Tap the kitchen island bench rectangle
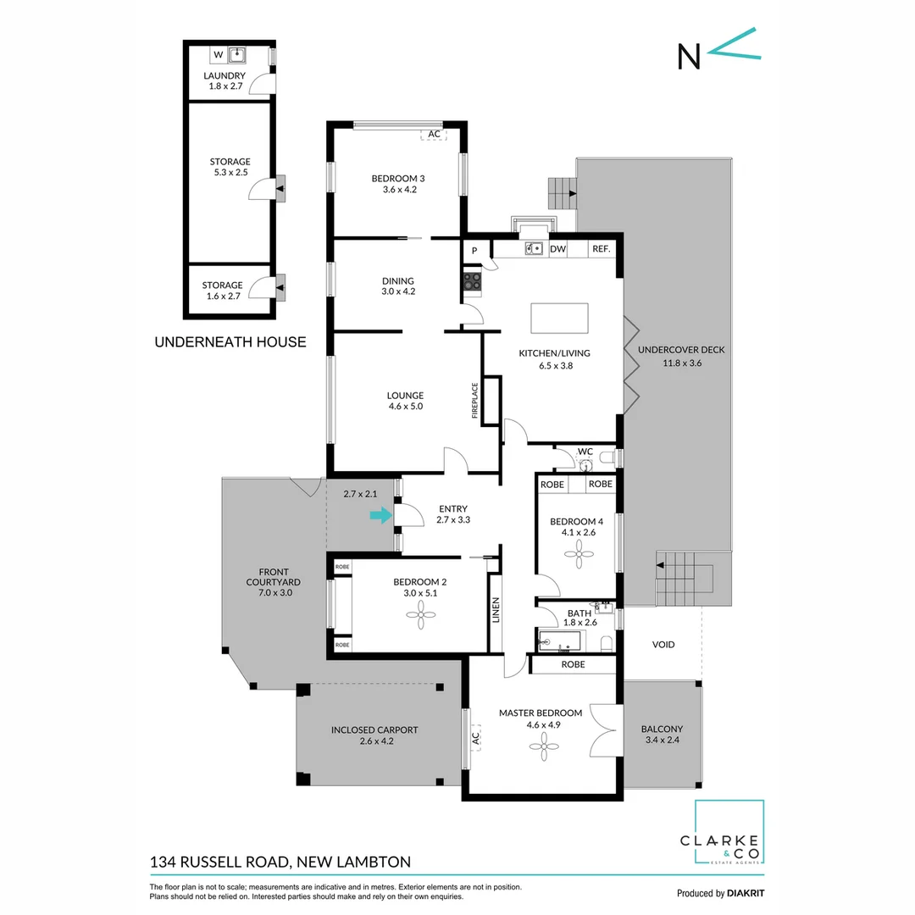559,319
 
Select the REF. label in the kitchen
602,249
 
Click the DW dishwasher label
557,249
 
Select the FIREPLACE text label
475,401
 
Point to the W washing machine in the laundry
218,55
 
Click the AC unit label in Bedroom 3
434,134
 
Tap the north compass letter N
689,56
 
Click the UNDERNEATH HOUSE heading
230,342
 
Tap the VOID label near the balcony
663,645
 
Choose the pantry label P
474,250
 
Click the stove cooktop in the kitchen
472,281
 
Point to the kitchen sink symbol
534,248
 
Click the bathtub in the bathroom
560,641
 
